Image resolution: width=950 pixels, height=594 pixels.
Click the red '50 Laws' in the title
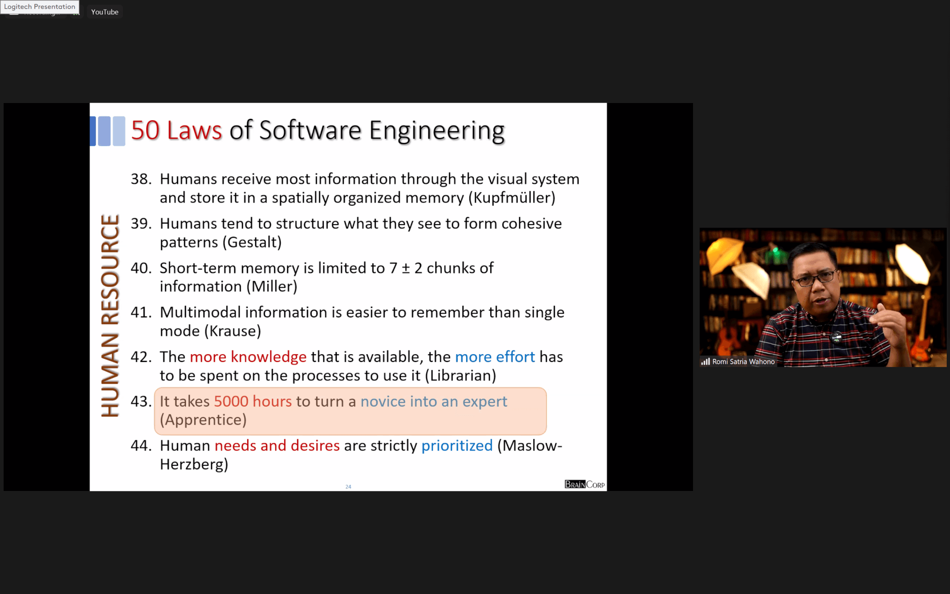point(177,130)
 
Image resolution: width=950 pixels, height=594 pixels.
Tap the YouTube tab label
point(105,12)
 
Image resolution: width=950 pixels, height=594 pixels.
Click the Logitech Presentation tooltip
point(39,6)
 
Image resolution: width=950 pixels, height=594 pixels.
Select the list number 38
point(141,179)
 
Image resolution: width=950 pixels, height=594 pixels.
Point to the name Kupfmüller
point(512,198)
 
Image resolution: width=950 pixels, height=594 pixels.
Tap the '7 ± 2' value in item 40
point(406,268)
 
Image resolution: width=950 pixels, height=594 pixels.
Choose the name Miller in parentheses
point(272,287)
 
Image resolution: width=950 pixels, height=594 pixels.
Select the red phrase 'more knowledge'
point(248,357)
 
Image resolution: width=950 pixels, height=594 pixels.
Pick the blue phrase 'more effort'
point(495,357)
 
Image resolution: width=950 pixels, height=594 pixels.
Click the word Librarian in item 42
point(461,375)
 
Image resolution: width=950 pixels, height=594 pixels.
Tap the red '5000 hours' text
point(253,401)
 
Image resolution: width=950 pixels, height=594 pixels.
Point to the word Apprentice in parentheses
point(203,420)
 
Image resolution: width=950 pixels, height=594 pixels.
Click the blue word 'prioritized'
point(457,446)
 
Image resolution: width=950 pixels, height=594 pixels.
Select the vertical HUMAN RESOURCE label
point(110,316)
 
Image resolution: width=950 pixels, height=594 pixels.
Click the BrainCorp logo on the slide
point(584,484)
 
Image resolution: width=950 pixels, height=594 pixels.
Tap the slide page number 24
point(348,487)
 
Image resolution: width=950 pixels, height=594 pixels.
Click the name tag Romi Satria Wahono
point(743,362)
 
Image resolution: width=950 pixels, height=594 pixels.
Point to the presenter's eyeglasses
point(815,278)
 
